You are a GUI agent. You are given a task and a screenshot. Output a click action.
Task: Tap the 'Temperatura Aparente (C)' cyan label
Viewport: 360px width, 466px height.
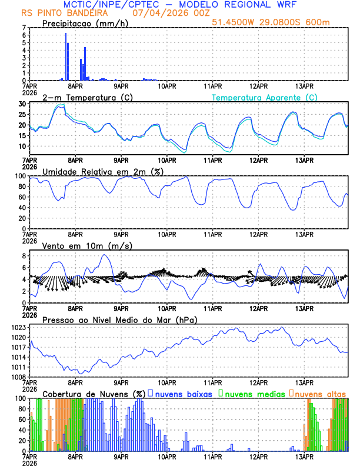[264, 97]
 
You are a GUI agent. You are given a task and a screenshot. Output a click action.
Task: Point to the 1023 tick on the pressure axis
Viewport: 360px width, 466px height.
[19, 327]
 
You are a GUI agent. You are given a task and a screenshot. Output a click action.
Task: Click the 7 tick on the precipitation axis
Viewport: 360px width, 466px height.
[24, 28]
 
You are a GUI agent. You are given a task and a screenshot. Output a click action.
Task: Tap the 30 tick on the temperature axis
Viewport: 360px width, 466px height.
[22, 104]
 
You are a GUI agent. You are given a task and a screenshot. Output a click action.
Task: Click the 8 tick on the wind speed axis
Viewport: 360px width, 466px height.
[24, 256]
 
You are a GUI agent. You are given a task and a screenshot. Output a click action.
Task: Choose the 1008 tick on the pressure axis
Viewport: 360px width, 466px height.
[19, 377]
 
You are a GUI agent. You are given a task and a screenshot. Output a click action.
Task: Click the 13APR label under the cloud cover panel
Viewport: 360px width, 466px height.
[304, 456]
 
